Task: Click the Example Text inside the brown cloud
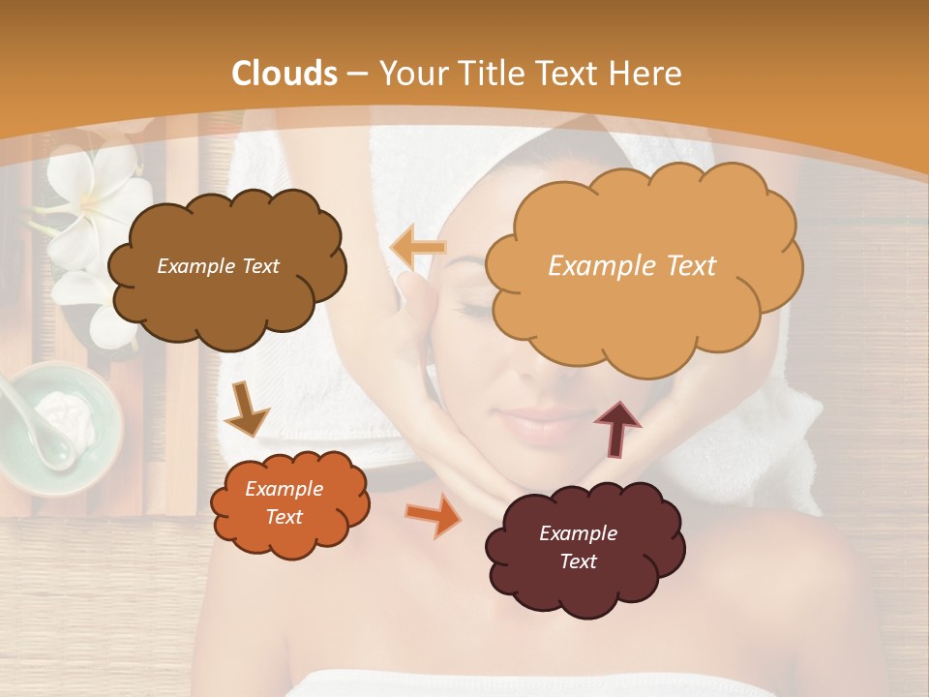(x=218, y=266)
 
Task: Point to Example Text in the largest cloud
(x=632, y=266)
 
